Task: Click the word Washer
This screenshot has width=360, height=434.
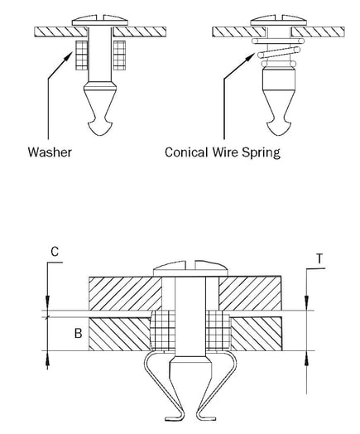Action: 50,153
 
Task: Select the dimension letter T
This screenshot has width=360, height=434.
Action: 319,258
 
